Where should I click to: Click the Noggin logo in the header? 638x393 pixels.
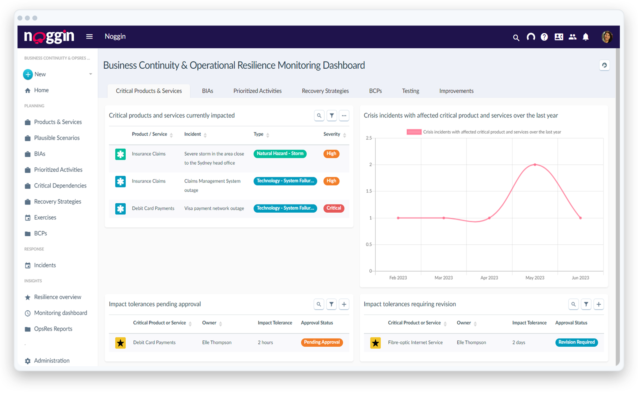[49, 37]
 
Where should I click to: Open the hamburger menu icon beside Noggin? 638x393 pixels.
[89, 37]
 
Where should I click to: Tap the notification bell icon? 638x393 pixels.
[585, 37]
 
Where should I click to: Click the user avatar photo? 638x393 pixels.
[607, 37]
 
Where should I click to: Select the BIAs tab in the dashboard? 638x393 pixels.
[207, 91]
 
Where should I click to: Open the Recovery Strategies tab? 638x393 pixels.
[325, 91]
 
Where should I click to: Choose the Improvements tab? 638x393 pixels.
[456, 91]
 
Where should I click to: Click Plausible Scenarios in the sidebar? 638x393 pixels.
[57, 138]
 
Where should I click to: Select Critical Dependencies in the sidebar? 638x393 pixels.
[60, 186]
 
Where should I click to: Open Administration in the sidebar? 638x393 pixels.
[52, 361]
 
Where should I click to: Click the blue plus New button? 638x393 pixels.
[28, 74]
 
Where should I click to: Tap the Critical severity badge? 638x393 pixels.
[334, 208]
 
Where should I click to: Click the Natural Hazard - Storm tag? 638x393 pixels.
[280, 154]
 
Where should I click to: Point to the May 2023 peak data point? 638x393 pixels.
[535, 164]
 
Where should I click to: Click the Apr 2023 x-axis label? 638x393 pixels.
[489, 278]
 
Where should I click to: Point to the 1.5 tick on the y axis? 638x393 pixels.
[369, 191]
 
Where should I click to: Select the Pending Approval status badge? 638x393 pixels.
[321, 342]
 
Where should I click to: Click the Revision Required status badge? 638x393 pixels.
[576, 342]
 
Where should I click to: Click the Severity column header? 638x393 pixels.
[331, 134]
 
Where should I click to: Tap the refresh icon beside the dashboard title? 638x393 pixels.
[604, 65]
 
